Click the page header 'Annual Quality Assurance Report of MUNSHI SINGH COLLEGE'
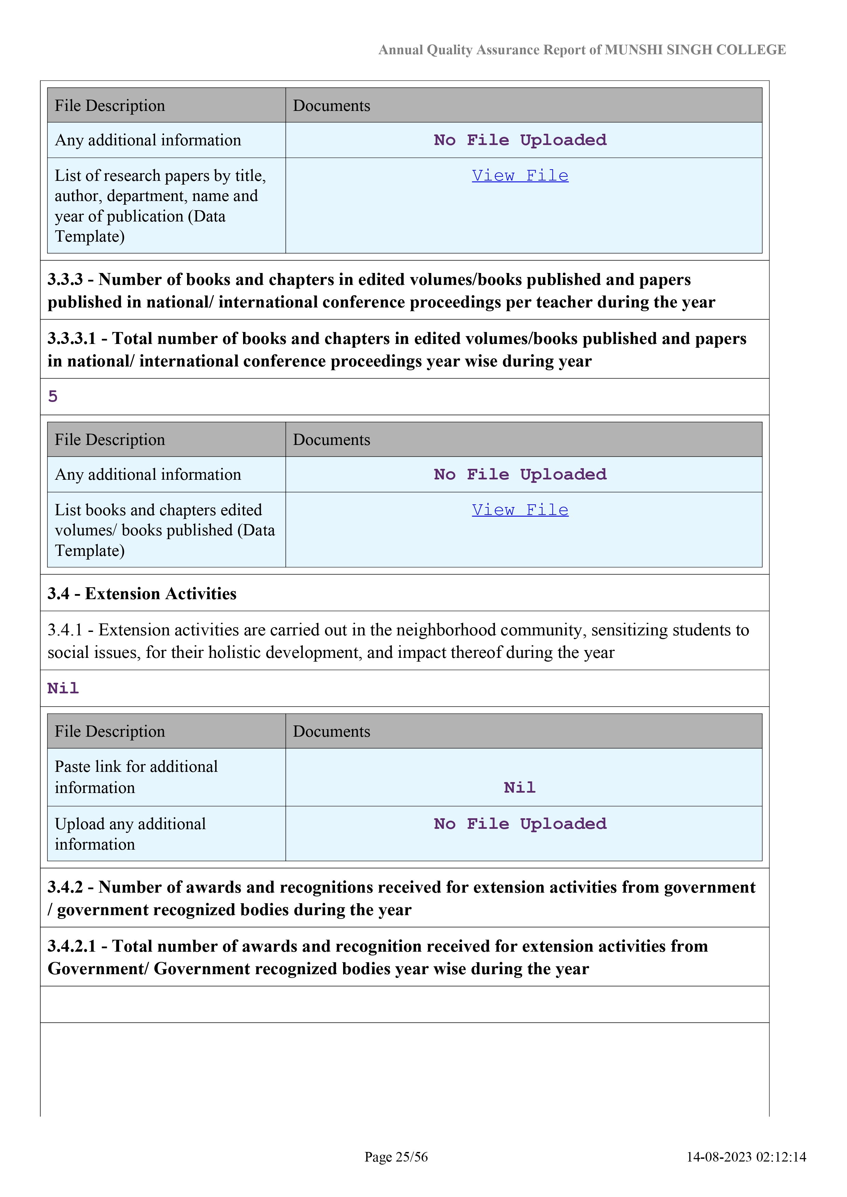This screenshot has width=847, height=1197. [x=581, y=50]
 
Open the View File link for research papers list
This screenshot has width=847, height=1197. [x=520, y=176]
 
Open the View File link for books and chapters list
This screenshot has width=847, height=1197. [x=520, y=510]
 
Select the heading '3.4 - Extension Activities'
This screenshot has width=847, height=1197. [x=142, y=593]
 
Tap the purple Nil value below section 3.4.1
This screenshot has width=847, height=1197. [x=63, y=688]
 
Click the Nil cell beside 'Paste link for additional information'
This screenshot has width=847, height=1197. [x=520, y=787]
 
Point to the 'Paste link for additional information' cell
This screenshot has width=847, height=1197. [x=136, y=777]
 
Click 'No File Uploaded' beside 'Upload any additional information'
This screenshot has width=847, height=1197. [x=520, y=824]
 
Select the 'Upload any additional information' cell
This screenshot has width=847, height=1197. [x=130, y=834]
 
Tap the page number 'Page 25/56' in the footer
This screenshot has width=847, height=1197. [x=396, y=1157]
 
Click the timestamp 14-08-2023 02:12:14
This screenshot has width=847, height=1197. [x=746, y=1157]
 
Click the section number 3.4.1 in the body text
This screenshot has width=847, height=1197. [x=65, y=630]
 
